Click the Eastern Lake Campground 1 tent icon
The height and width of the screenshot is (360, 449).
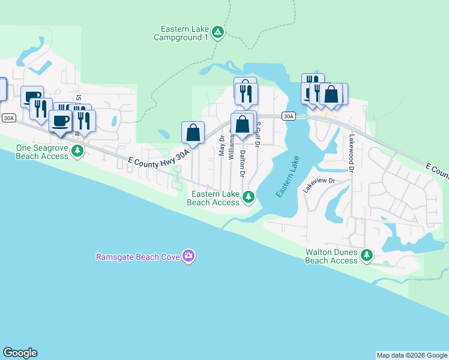coord(218,32)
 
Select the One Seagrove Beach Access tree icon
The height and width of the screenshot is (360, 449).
coord(77,151)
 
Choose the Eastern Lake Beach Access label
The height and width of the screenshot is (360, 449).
coord(213,198)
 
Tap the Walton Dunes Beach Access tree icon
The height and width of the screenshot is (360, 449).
coord(367,256)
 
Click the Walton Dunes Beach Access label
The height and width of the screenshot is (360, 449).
coord(331,256)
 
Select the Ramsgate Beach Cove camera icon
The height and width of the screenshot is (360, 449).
coord(189,256)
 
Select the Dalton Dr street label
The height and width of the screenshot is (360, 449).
coord(243,163)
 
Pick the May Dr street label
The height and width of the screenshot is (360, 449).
coord(221,146)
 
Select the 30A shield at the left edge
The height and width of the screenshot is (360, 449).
coord(8,118)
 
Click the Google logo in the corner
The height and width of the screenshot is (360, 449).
coord(20,353)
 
